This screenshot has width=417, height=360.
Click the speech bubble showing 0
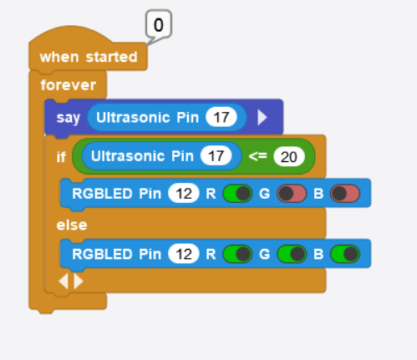click(159, 24)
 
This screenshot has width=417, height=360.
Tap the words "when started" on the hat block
click(89, 57)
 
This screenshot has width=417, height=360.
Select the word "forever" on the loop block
click(69, 85)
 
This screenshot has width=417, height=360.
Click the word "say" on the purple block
click(69, 118)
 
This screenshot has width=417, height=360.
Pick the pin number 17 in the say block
click(221, 117)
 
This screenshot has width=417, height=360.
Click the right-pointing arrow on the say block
click(262, 117)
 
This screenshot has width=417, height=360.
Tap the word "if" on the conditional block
click(61, 157)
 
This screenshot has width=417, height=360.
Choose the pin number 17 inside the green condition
click(216, 156)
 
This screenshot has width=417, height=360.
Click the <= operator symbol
click(257, 156)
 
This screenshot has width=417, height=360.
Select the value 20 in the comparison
click(289, 156)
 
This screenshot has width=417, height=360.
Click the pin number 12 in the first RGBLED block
click(184, 194)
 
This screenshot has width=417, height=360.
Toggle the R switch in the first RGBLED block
click(237, 194)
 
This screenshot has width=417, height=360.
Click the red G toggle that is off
click(292, 194)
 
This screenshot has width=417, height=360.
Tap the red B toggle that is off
click(345, 194)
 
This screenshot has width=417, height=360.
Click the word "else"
click(72, 225)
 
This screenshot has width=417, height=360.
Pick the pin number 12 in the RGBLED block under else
click(184, 254)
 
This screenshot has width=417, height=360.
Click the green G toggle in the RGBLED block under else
click(292, 254)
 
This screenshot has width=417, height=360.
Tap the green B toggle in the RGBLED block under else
click(345, 254)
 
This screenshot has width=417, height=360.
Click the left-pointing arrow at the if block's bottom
click(64, 281)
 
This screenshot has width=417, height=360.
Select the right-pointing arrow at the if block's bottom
click(79, 281)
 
